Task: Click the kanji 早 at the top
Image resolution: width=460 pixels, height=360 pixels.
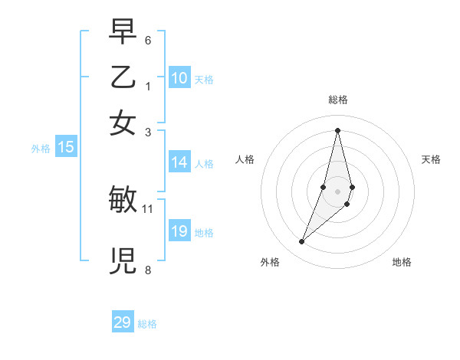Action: click(123, 32)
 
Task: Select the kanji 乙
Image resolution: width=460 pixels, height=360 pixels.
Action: click(123, 77)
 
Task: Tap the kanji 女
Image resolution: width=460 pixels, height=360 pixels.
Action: click(123, 123)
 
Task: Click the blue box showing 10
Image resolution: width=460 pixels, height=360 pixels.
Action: click(179, 77)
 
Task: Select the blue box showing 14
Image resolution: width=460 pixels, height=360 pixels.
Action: click(179, 162)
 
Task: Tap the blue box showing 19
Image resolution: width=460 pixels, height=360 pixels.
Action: click(179, 231)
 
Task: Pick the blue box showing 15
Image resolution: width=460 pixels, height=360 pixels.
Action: click(66, 147)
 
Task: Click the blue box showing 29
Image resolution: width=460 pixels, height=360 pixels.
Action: click(123, 322)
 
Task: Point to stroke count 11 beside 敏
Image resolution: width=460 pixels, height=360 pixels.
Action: click(148, 208)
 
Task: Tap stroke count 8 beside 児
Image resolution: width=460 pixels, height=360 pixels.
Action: click(148, 270)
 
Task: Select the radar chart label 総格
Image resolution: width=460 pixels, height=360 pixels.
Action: click(338, 100)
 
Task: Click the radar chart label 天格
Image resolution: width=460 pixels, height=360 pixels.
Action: click(431, 159)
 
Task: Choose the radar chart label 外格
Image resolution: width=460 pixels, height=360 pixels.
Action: click(270, 263)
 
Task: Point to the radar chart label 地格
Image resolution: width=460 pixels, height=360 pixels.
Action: click(402, 263)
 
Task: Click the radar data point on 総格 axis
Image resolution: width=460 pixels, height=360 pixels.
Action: click(338, 129)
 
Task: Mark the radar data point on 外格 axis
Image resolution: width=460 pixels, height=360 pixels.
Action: click(302, 242)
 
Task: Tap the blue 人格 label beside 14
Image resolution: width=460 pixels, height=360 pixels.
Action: click(204, 163)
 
